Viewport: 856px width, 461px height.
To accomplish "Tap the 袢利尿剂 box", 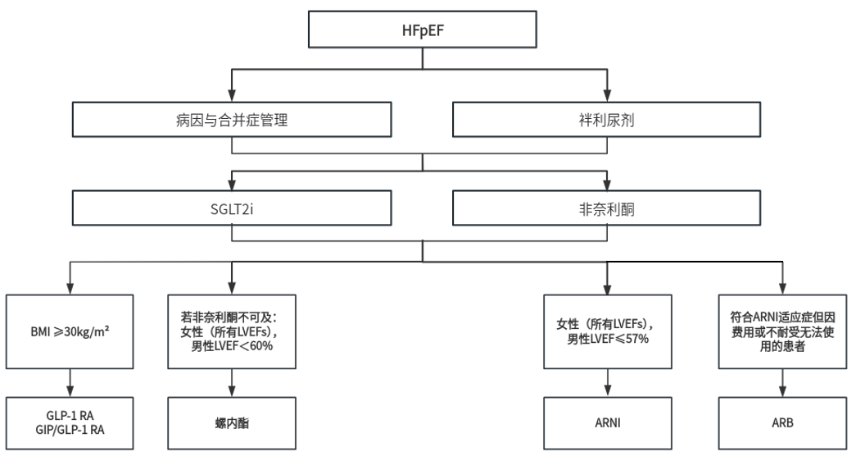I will coord(608,120).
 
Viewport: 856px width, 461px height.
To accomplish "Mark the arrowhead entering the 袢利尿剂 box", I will coord(608,98).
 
